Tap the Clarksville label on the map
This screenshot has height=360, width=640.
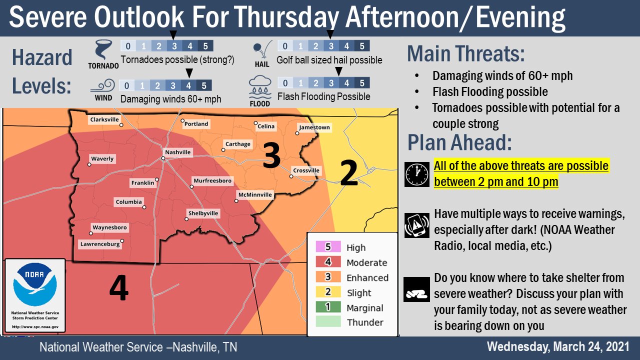104,119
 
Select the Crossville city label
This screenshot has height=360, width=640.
306,170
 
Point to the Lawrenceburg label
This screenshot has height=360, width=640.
100,244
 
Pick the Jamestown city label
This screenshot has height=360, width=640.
314,127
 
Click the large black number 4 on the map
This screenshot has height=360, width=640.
118,288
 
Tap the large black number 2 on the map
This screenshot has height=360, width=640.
348,172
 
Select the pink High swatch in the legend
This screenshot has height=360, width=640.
328,247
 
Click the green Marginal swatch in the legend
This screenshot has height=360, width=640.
328,307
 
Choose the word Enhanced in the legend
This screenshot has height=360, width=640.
367,277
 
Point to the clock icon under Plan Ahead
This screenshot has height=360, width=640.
417,174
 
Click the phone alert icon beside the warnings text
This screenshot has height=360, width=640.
417,225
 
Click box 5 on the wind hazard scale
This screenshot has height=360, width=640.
204,85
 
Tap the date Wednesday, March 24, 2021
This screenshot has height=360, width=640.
558,346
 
